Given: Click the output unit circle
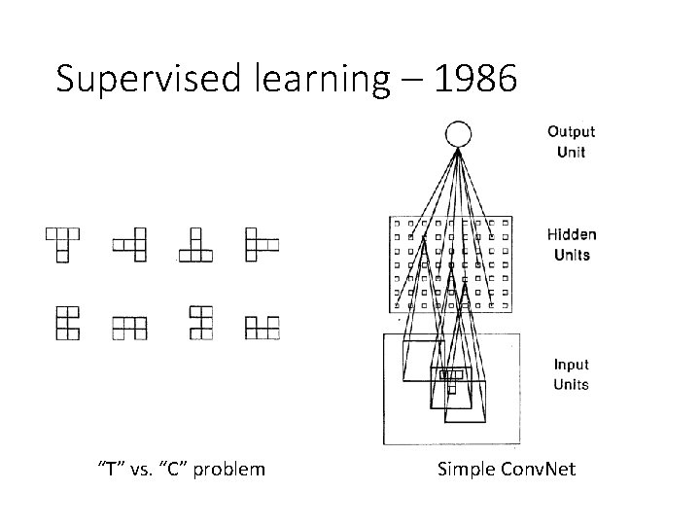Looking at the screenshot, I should (x=458, y=134).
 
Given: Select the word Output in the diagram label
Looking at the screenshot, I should (x=572, y=132).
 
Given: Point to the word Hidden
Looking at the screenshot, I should (x=572, y=234).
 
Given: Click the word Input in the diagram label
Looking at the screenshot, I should (x=572, y=365).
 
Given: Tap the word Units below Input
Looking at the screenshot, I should (x=572, y=384).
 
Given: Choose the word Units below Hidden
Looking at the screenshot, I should (x=572, y=255).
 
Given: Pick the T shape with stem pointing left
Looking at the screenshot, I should (x=131, y=243).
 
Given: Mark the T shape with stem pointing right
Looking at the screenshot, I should (x=261, y=243).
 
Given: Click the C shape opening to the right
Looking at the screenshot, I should (x=66, y=323).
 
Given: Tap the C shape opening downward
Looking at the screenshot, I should (x=129, y=327).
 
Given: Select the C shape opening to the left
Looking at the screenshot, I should (x=199, y=323).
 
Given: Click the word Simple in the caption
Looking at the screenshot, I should (x=464, y=470).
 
